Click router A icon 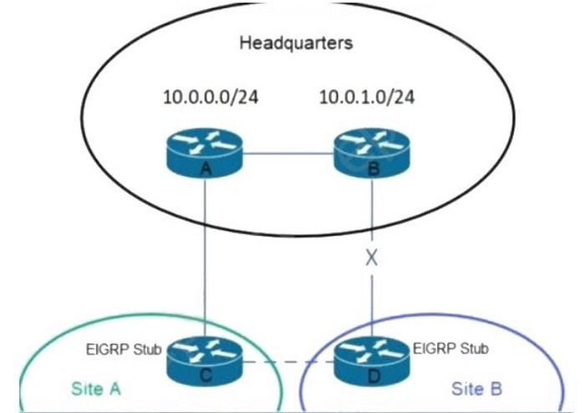(x=205, y=150)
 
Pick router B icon (x=370, y=150)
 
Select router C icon (x=206, y=360)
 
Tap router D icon (x=371, y=360)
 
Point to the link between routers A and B (x=287, y=153)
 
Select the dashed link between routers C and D (x=287, y=362)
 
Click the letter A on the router (x=205, y=167)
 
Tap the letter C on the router (x=206, y=376)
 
